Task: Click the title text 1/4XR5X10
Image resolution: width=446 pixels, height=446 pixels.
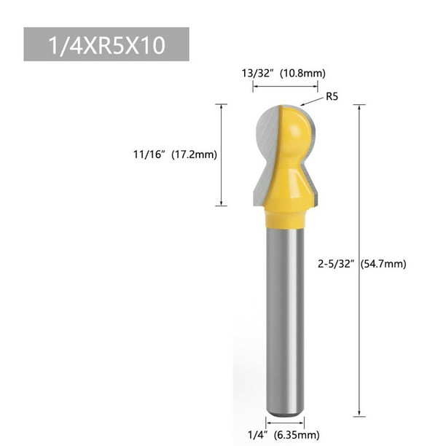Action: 106,44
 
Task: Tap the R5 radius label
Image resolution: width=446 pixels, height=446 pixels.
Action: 332,95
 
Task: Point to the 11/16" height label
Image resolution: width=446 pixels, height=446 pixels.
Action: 149,154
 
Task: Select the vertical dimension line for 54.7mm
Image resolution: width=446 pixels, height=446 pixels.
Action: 358,182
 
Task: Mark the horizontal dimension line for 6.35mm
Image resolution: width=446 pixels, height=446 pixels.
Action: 284,422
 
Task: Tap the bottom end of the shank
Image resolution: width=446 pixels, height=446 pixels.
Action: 284,412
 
